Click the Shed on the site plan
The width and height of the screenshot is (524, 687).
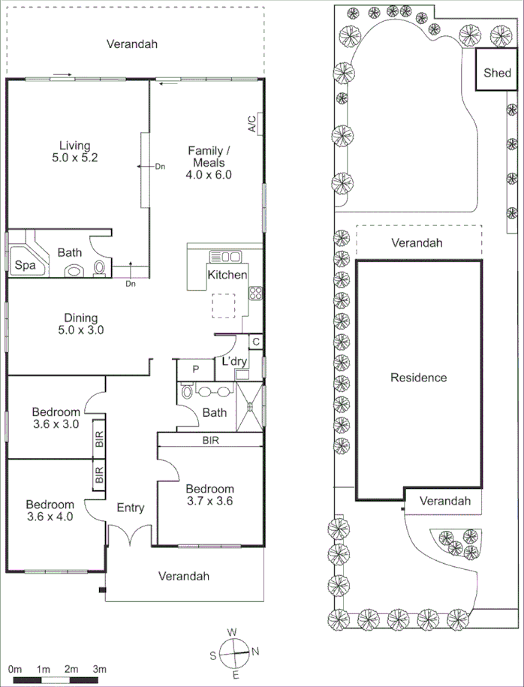[497, 72]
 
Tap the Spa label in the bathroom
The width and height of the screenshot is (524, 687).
[23, 265]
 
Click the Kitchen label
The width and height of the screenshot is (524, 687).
[227, 275]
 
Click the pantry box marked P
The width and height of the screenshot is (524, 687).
[195, 369]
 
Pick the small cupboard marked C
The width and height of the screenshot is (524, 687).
[256, 342]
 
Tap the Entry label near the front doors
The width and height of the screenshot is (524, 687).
[130, 508]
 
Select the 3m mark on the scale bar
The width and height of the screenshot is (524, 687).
[99, 668]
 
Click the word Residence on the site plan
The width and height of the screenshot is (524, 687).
[418, 377]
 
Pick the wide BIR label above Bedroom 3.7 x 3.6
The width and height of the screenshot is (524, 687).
[210, 441]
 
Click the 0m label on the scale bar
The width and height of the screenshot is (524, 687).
[14, 668]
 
